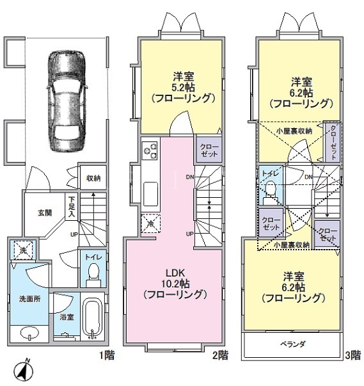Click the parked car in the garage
(x=67, y=101)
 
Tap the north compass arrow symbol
(x=24, y=371)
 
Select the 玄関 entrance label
(x=45, y=213)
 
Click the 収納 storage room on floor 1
(x=93, y=178)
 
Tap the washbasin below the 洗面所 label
(x=29, y=334)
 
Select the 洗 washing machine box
(x=23, y=250)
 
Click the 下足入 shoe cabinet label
(x=72, y=206)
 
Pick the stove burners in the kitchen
(x=150, y=150)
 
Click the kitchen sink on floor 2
(x=150, y=194)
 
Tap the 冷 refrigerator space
(x=150, y=224)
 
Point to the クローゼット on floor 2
(x=209, y=150)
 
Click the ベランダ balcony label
(x=293, y=344)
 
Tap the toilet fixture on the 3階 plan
(x=271, y=192)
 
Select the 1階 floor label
(x=106, y=355)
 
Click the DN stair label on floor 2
(x=189, y=177)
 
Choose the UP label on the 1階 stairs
(x=74, y=234)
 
